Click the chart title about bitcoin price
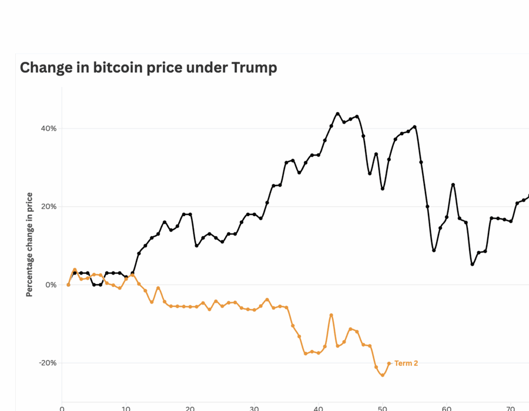click(x=148, y=68)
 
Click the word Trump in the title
click(x=254, y=68)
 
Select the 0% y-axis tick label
click(x=51, y=285)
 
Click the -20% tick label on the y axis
click(x=48, y=363)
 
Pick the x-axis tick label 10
click(x=126, y=407)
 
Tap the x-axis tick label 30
click(x=254, y=407)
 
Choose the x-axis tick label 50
click(x=382, y=407)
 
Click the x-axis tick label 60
click(x=446, y=407)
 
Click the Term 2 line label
click(x=406, y=363)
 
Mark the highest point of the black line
click(x=337, y=114)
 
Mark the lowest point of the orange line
click(x=383, y=375)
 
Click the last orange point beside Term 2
click(x=389, y=363)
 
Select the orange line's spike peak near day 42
click(x=332, y=315)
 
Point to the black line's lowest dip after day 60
click(x=472, y=264)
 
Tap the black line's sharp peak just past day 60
click(x=453, y=184)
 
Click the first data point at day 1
click(x=68, y=285)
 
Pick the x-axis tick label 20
click(x=190, y=407)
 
